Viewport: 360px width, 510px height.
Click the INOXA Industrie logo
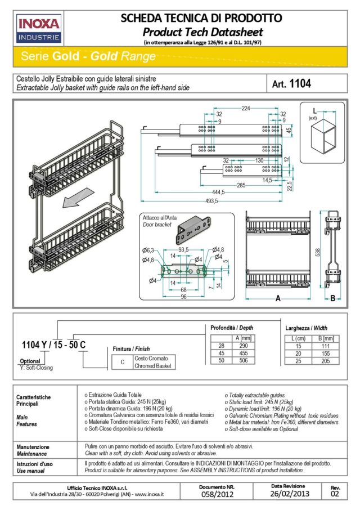click(x=39, y=29)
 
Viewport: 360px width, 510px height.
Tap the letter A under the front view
click(x=278, y=299)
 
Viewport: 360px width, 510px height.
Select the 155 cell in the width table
click(x=329, y=352)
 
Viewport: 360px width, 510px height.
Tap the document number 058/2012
click(x=217, y=495)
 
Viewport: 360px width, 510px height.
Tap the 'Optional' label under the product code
click(x=30, y=361)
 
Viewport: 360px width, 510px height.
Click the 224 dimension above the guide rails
click(x=246, y=108)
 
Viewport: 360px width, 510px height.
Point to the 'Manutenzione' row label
click(x=33, y=446)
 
